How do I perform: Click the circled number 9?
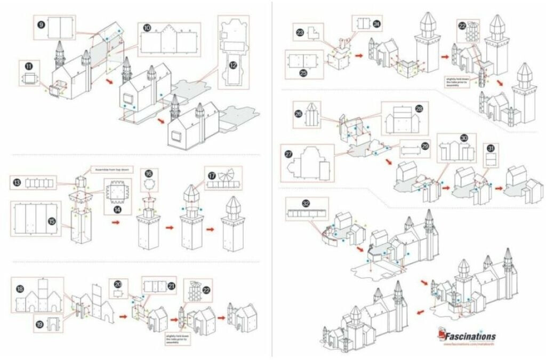point(41,23)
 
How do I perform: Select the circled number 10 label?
point(147,27)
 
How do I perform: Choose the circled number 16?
point(148,173)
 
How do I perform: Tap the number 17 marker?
point(212,174)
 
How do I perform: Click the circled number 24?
point(376,24)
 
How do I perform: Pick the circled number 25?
point(303,73)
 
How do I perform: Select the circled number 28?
point(419,108)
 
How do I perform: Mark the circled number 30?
point(464,137)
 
